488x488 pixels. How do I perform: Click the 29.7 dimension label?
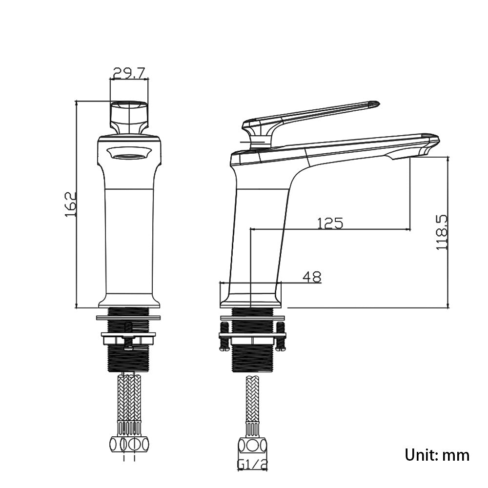pos(129,73)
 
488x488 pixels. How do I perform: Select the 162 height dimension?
pos(71,204)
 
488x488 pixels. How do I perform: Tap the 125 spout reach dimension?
pos(330,223)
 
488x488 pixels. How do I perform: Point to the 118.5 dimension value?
pos(442,232)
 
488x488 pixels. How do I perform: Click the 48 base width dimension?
pos(312,277)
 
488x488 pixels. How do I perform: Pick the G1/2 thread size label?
pos(252,464)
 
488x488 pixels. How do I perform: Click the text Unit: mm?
pos(437,455)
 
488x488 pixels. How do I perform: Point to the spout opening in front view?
pos(129,155)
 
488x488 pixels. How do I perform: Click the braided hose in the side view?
pos(252,400)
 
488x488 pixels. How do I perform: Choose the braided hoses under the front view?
pos(129,398)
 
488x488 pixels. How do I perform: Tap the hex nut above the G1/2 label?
pos(252,446)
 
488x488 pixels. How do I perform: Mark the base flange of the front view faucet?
pos(129,301)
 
